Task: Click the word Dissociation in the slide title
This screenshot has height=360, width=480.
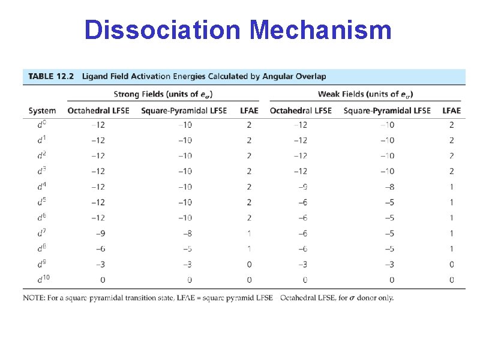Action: (x=161, y=30)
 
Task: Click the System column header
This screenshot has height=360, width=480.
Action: (x=42, y=110)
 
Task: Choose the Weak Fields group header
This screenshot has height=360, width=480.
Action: (x=365, y=94)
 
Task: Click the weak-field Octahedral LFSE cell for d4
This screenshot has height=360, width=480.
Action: (x=301, y=187)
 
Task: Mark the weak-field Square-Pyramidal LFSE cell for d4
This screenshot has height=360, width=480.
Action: (x=388, y=187)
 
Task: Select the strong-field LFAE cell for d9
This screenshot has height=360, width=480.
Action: (x=249, y=265)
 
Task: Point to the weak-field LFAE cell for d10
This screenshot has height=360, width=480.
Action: (x=451, y=280)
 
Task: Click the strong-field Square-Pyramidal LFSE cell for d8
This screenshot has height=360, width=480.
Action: (x=185, y=249)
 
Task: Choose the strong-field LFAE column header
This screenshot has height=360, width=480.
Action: (x=249, y=110)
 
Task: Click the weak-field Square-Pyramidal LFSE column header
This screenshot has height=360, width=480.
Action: (x=387, y=110)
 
